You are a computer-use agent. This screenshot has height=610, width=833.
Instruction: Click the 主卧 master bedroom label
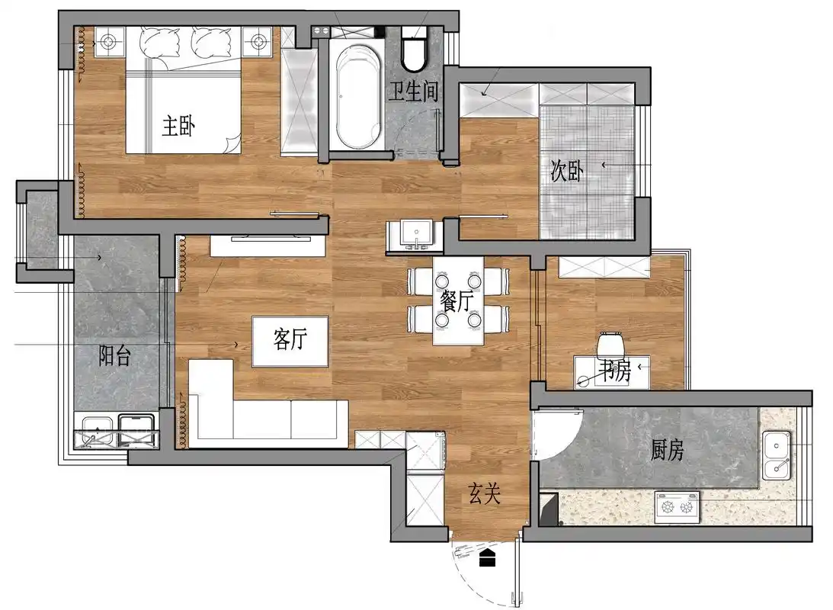178,126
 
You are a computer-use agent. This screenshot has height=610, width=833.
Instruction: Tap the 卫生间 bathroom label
413,91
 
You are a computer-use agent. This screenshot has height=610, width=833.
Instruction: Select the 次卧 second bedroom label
567,171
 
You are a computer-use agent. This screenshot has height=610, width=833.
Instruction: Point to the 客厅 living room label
290,339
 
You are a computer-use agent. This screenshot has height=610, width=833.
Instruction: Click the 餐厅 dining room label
457,300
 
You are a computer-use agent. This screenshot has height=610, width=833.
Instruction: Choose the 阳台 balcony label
115,355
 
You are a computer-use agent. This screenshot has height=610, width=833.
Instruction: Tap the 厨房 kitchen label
668,450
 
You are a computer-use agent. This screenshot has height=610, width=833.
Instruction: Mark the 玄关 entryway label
485,493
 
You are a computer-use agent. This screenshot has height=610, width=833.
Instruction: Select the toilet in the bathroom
415,50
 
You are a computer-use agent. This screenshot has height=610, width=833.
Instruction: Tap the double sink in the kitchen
776,455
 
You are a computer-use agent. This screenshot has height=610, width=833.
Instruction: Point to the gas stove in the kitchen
677,507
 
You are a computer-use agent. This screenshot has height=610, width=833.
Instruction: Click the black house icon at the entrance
487,558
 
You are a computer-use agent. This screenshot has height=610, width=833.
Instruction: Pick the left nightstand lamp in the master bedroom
109,41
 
